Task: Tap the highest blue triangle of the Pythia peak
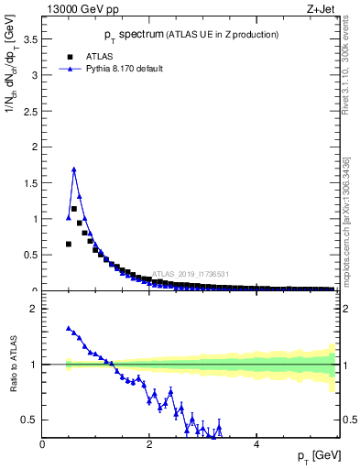(x=74, y=169)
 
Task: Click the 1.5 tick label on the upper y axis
(x=30, y=183)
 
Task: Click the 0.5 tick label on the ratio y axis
(x=30, y=420)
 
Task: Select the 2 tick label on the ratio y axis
(x=34, y=309)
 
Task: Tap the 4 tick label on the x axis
(x=256, y=444)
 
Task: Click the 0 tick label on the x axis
(x=43, y=444)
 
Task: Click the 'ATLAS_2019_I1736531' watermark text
(x=192, y=274)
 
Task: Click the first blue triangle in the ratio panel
(x=69, y=328)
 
